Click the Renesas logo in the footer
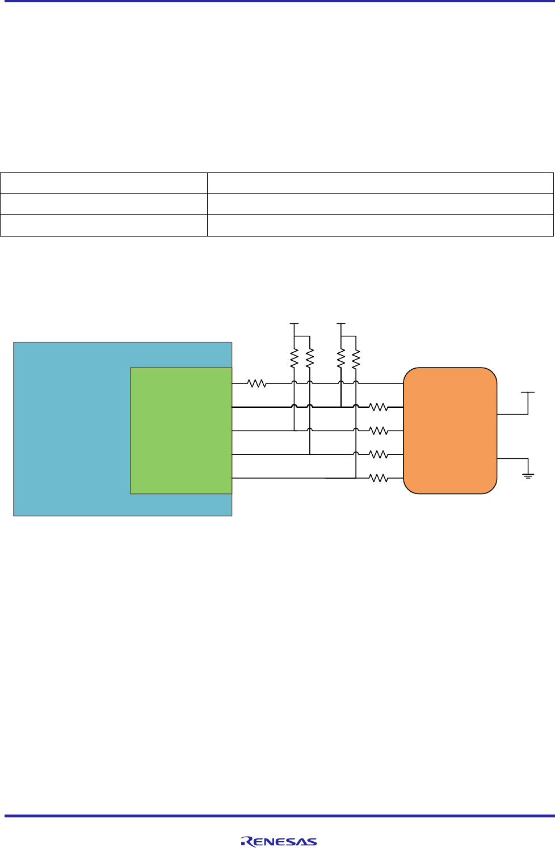(279, 842)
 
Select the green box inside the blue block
(181, 431)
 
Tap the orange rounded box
(450, 431)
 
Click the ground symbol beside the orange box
(528, 474)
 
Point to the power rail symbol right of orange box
(528, 393)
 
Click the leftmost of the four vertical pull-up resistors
(294, 358)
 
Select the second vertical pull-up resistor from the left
(310, 358)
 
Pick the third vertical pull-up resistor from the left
(341, 358)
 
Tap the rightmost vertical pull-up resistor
(356, 358)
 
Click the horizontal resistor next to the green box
(257, 384)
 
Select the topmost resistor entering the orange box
(379, 407)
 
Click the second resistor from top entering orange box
(379, 431)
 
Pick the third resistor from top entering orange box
(379, 454)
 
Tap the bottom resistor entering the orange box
(379, 479)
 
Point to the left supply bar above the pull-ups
(294, 324)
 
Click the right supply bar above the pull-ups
(341, 324)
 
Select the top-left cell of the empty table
(103, 183)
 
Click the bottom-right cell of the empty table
(380, 225)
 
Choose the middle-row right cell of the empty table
(380, 204)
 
